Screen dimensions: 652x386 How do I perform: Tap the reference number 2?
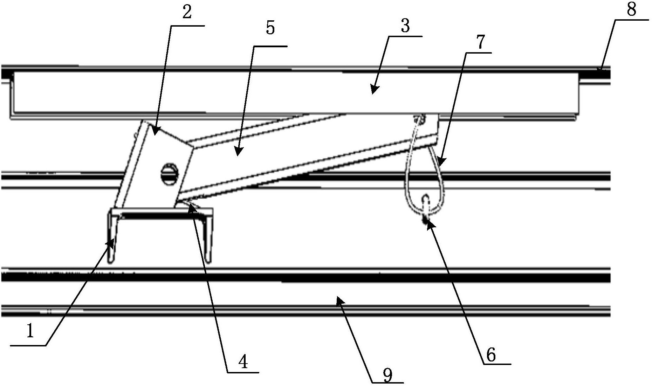pos(187,13)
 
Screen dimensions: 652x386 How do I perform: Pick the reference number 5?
pos(270,28)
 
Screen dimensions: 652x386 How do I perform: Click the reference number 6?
pos(490,355)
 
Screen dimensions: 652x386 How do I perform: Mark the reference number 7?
pos(480,43)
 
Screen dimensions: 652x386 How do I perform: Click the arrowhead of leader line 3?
pos(375,90)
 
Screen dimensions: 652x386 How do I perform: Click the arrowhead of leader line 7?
pos(442,162)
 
